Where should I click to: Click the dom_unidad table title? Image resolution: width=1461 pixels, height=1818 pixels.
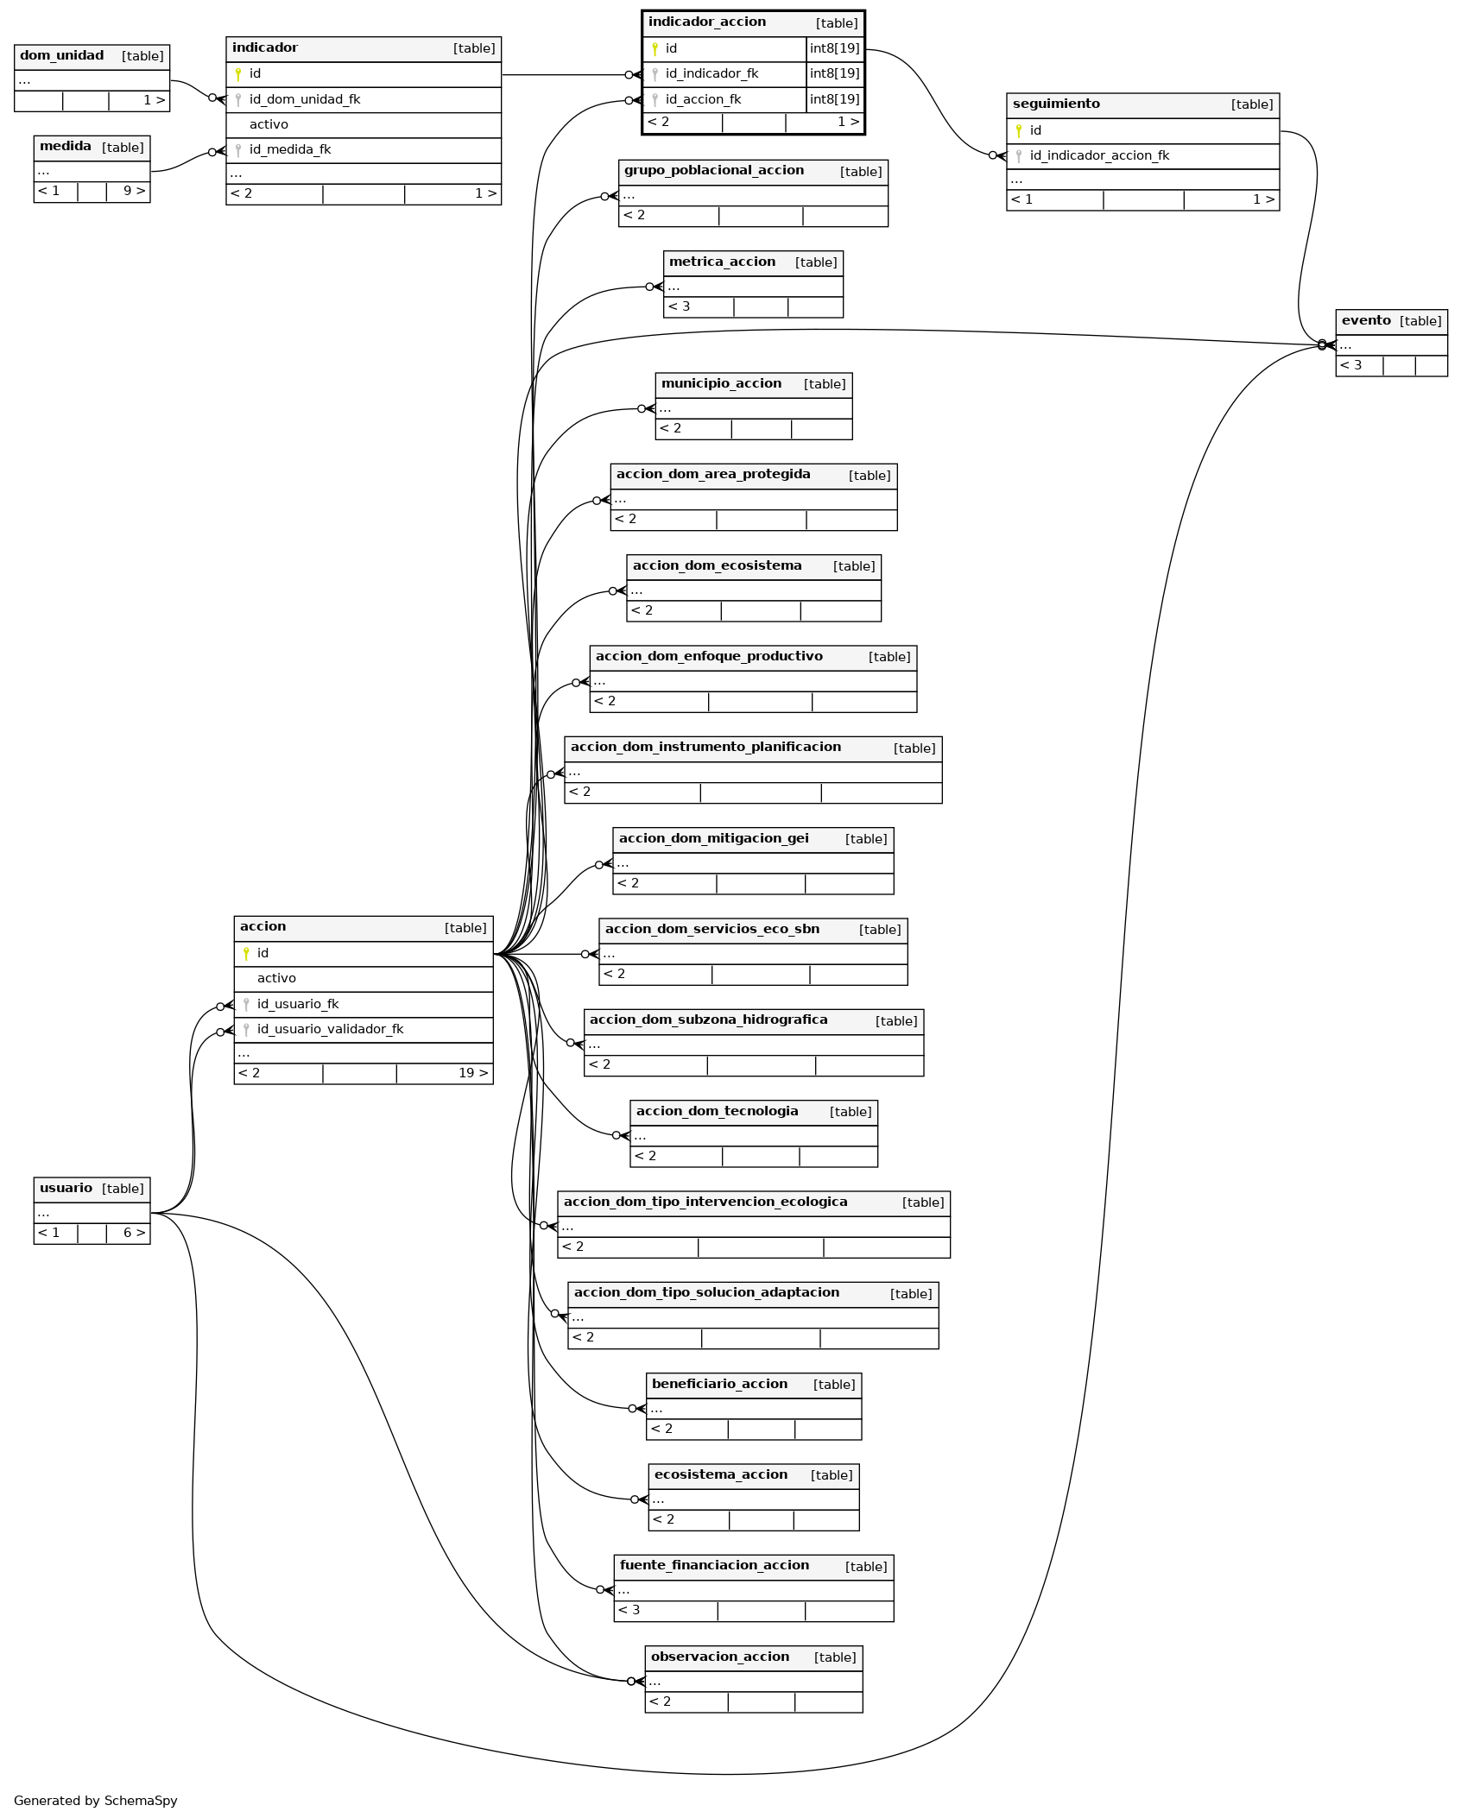pos(61,55)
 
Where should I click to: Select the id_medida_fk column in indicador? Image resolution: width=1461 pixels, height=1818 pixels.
pos(290,149)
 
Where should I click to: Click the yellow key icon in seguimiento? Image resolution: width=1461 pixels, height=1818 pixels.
pos(1019,130)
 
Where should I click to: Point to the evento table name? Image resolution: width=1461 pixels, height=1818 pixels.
pos(1366,320)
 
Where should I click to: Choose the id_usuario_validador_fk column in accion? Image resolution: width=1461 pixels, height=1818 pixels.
pos(330,1029)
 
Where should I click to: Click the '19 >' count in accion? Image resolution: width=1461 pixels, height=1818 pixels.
pos(473,1073)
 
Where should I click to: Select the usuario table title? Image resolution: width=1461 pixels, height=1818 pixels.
pos(66,1188)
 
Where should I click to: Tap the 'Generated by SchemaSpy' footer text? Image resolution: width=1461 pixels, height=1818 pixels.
pos(96,1800)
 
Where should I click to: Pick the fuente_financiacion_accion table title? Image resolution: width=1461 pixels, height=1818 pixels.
pos(714,1565)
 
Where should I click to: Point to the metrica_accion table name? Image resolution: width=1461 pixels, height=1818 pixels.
pos(722,262)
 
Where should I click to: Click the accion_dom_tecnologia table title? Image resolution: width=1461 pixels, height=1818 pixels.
pos(717,1111)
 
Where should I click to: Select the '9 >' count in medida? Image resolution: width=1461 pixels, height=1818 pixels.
pos(135,191)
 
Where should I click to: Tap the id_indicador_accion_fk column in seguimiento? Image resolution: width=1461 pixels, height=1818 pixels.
pos(1099,155)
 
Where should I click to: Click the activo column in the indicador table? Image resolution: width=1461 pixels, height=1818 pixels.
pos(269,124)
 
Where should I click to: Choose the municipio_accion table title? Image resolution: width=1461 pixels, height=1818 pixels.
pos(721,383)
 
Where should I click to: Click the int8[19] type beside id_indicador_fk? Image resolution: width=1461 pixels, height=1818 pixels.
pos(834,73)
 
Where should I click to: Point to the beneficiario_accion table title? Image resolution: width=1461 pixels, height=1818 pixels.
pos(719,1384)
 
